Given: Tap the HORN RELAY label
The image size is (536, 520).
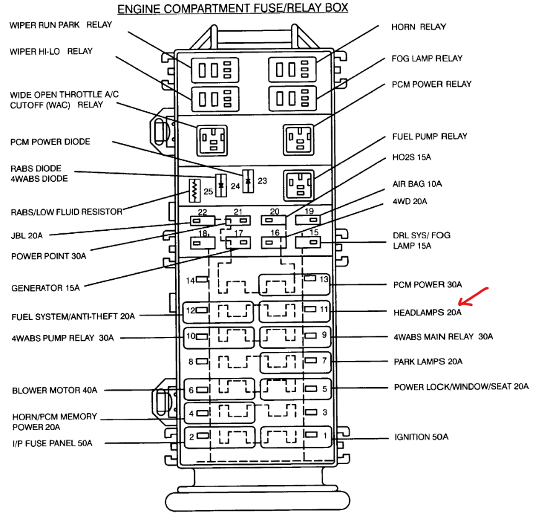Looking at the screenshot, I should tap(418, 27).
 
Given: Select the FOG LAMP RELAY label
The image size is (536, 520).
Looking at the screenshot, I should tap(427, 58).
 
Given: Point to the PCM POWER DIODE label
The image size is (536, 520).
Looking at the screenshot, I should tap(50, 142).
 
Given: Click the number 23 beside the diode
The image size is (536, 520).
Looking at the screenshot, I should tap(262, 181).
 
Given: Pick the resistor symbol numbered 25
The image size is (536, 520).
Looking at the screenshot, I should tap(193, 189).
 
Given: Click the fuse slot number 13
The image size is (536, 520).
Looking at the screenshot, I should tap(324, 279).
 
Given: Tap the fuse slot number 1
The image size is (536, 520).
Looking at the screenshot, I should tap(324, 436).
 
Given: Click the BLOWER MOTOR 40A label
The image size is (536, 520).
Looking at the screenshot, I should tap(55, 391).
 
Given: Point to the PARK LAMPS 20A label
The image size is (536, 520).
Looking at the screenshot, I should tap(428, 362).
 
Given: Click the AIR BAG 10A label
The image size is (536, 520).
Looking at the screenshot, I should tap(418, 184).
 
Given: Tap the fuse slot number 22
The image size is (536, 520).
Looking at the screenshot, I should tap(202, 212).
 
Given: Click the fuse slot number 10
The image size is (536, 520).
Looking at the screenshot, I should tap(190, 336).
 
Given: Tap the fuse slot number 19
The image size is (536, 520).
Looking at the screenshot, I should tap(309, 212).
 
